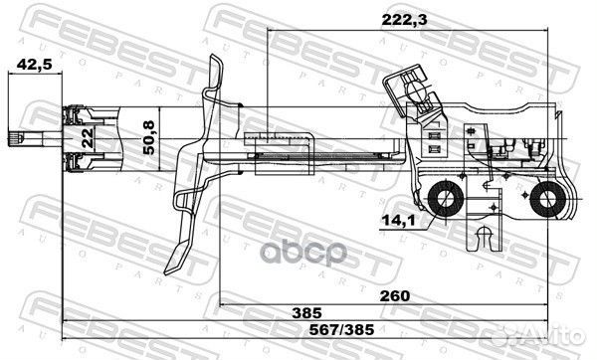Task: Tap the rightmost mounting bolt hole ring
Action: [x=546, y=202]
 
